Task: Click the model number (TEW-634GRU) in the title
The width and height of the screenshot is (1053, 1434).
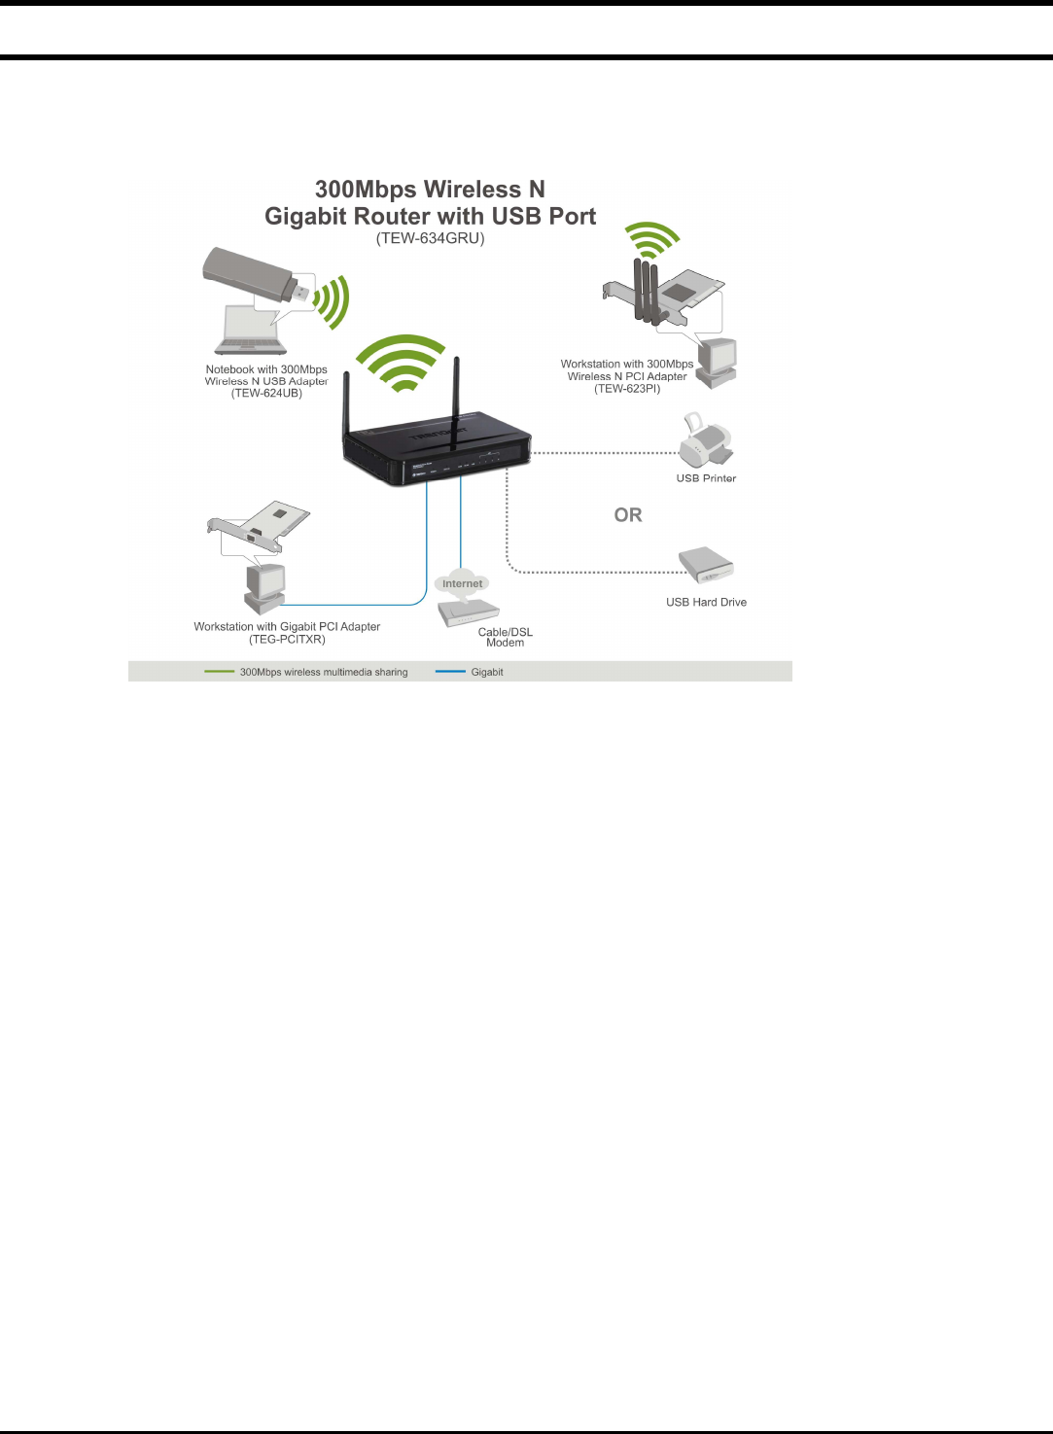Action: [430, 238]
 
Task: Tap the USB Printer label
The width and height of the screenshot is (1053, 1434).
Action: [706, 478]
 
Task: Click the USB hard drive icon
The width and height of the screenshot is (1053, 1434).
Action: [705, 564]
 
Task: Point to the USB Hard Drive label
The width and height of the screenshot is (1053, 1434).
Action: [706, 603]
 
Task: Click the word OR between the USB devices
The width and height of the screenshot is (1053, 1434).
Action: [628, 515]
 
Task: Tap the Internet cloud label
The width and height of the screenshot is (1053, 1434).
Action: [462, 583]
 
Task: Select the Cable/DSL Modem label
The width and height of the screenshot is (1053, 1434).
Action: [506, 637]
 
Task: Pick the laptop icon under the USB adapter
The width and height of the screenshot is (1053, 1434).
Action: [251, 331]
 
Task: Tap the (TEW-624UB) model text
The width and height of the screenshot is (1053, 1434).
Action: [266, 394]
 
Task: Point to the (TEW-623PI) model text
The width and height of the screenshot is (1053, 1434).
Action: [627, 389]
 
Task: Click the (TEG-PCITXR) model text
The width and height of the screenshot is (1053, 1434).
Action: [287, 640]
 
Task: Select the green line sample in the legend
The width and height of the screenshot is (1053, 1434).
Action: [220, 672]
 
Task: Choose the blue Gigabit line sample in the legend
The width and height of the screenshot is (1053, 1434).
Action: [450, 672]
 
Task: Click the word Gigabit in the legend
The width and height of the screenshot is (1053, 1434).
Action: [487, 672]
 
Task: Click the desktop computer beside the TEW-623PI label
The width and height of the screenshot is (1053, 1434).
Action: [719, 363]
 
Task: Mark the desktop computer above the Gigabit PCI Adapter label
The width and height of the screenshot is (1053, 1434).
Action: [264, 586]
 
